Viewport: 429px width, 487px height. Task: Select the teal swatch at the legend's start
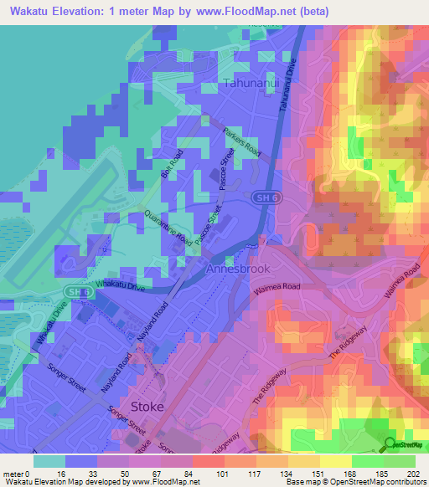[x=49, y=461]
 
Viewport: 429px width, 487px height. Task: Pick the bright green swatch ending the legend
[x=399, y=461]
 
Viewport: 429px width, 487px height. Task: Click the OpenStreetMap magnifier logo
[x=389, y=445]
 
